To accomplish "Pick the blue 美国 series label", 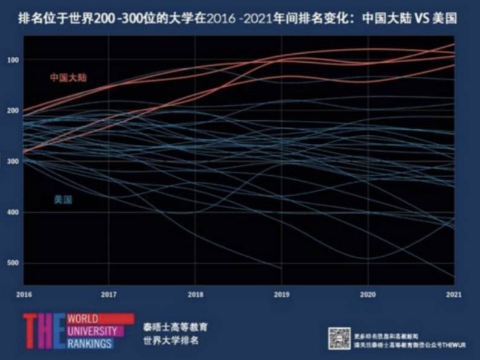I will [x=63, y=200].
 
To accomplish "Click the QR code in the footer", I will [x=339, y=338].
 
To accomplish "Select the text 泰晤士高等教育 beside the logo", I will [x=172, y=327].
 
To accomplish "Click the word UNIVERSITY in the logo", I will [x=91, y=330].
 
